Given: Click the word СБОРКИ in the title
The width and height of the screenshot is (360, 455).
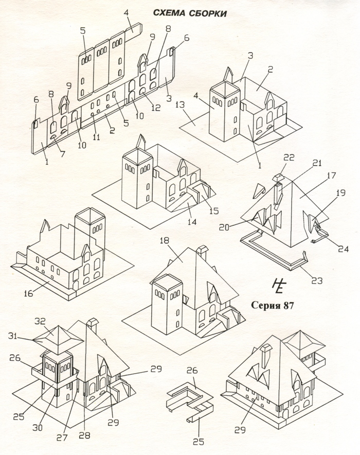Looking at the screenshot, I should tap(208, 13).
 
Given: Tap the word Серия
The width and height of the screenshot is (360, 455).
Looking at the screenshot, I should tap(265, 304).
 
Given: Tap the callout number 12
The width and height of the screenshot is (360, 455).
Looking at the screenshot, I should tap(155, 108).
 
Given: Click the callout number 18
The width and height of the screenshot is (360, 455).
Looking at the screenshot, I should tap(165, 241).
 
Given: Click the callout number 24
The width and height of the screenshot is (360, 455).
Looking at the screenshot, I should tap(343, 249).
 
